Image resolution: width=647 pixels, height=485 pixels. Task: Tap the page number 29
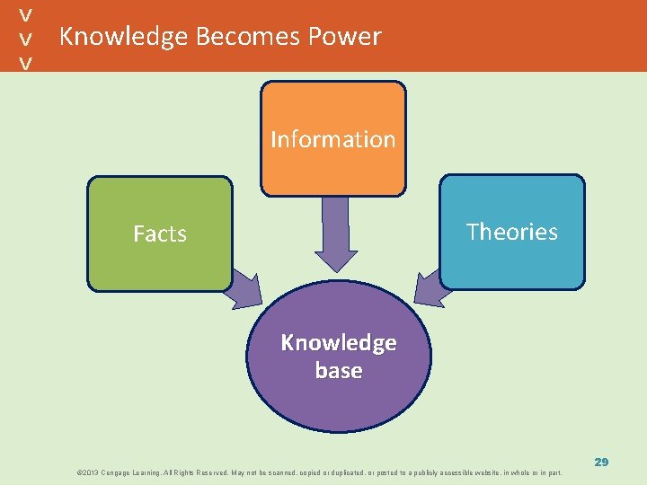(601, 462)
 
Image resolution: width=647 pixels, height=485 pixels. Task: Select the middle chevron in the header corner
(27, 38)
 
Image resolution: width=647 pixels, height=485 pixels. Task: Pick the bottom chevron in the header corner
(27, 62)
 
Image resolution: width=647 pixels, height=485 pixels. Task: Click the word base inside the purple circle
(339, 371)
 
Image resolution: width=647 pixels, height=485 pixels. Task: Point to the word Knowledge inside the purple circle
(339, 343)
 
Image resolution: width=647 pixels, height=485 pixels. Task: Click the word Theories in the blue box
(511, 232)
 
